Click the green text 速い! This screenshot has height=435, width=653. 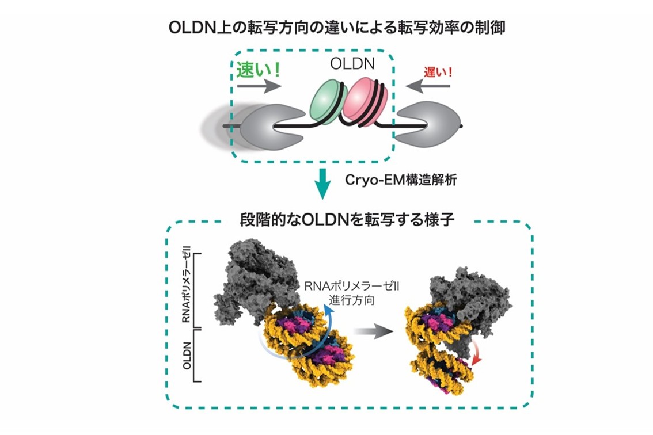[x=258, y=70]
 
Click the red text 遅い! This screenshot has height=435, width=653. [x=438, y=72]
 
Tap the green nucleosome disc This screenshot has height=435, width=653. [x=327, y=102]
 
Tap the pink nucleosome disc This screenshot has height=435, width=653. [x=365, y=102]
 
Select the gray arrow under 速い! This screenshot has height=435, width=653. [x=259, y=86]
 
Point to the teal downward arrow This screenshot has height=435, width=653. [x=322, y=183]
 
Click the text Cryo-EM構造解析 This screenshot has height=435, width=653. [x=401, y=180]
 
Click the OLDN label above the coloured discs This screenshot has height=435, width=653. [x=352, y=64]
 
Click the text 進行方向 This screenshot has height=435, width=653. [x=352, y=300]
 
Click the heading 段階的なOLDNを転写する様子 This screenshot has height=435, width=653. [x=347, y=219]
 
